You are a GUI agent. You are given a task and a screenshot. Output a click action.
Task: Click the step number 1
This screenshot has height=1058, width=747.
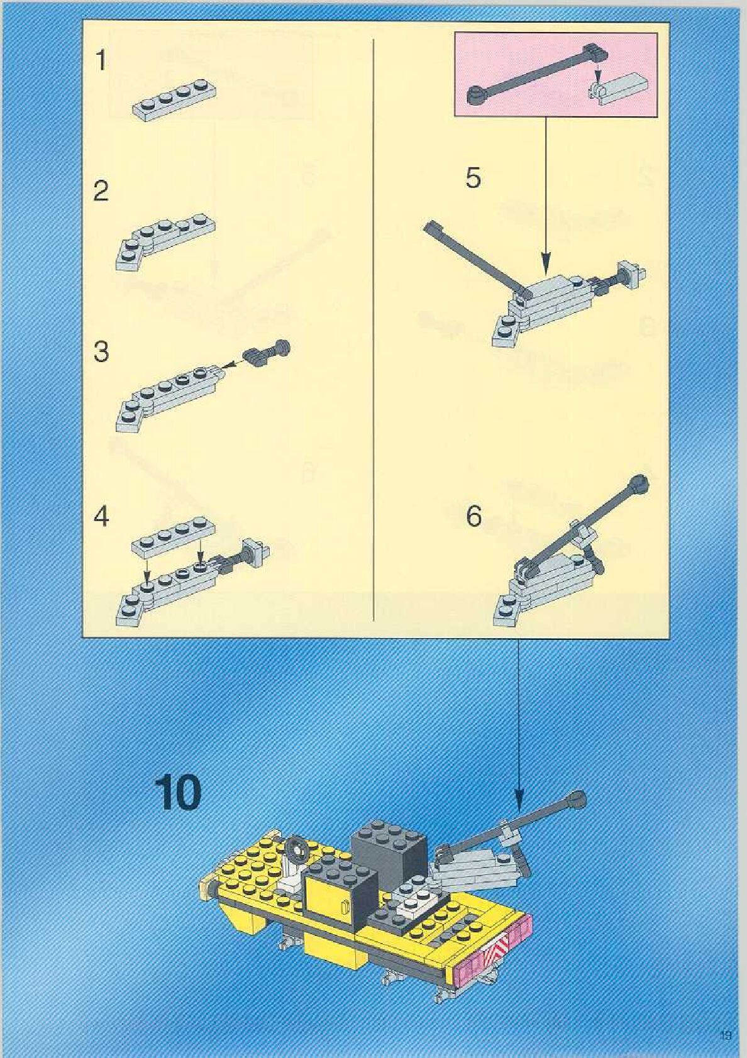(x=101, y=61)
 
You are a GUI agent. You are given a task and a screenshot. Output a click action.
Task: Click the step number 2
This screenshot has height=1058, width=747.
(x=101, y=191)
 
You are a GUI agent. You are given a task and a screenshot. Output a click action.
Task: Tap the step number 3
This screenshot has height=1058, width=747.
(x=101, y=352)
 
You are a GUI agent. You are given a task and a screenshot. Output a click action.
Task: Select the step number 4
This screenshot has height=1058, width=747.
(x=101, y=517)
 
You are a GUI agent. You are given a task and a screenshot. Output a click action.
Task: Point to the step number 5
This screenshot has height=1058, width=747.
(x=473, y=178)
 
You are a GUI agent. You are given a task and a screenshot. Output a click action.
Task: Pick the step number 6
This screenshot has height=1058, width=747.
(x=473, y=517)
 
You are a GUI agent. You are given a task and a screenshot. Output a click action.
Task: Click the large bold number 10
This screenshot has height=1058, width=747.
(x=179, y=793)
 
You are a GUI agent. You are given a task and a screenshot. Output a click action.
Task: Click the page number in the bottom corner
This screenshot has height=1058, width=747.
(x=727, y=1036)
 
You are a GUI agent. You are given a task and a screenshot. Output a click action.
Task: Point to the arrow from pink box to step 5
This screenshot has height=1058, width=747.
(x=546, y=189)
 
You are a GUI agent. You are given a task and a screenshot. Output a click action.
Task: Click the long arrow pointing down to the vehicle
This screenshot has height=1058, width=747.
(x=519, y=723)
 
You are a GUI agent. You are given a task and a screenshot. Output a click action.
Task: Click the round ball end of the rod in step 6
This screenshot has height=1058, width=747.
(x=639, y=483)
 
